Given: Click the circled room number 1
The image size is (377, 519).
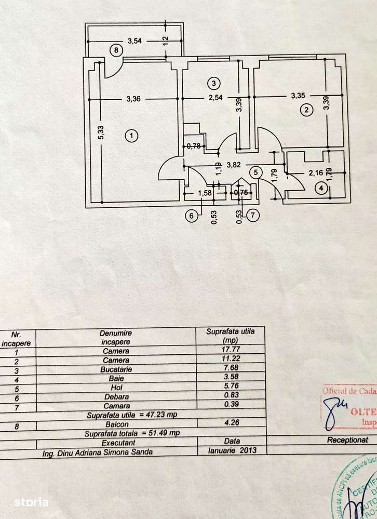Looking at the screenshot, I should click(132, 136).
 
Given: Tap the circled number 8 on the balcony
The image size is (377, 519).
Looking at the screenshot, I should click(116, 50).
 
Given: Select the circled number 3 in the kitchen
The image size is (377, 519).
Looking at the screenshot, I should click(212, 82).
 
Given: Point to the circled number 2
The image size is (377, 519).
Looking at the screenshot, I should click(306, 110).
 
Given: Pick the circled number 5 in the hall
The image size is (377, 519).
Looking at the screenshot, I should click(255, 172).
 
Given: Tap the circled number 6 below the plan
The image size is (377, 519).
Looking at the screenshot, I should click(192, 215).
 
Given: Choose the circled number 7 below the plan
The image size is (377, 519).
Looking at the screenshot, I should click(253, 215).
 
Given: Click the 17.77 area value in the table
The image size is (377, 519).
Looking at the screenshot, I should click(227, 350).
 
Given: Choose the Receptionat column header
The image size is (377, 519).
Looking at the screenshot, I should click(347, 440).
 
